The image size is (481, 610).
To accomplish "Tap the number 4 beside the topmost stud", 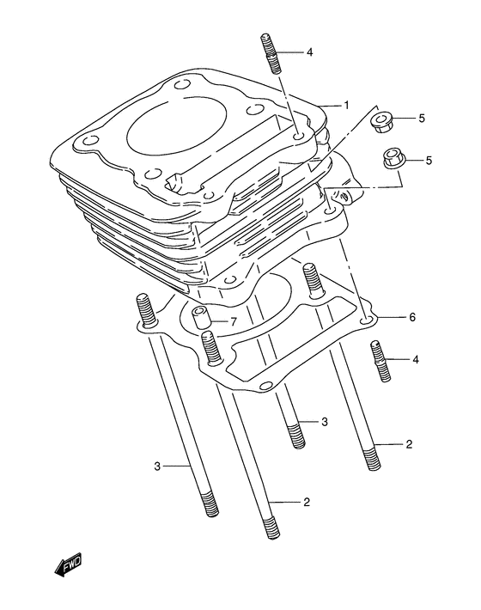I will tap(309, 52).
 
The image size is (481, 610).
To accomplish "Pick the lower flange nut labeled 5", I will tap(393, 160).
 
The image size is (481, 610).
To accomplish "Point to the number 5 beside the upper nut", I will tap(422, 118).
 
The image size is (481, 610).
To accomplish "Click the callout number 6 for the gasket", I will tap(411, 317).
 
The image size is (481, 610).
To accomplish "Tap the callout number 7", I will tap(232, 322).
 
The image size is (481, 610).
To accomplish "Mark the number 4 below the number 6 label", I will tap(415, 359).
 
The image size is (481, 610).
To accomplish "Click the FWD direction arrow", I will tap(68, 564).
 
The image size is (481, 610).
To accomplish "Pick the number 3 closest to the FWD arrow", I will tap(157, 467).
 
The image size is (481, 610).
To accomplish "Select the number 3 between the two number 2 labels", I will tap(325, 421).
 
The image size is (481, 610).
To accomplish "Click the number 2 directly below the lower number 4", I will tap(409, 444).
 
